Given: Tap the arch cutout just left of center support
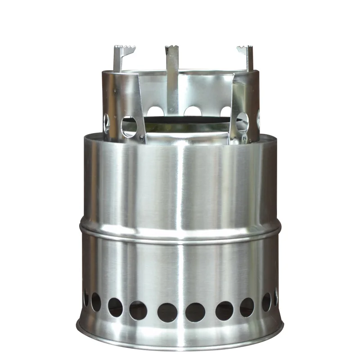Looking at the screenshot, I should pyautogui.click(x=155, y=111).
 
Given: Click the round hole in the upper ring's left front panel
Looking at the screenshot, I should pyautogui.click(x=129, y=126).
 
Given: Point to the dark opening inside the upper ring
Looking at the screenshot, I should pyautogui.click(x=184, y=121).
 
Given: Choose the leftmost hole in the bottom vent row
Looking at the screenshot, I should pyautogui.click(x=85, y=297).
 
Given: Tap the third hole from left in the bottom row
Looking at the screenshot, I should pyautogui.click(x=115, y=307).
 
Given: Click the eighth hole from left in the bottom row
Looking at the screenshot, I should pyautogui.click(x=247, y=307).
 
